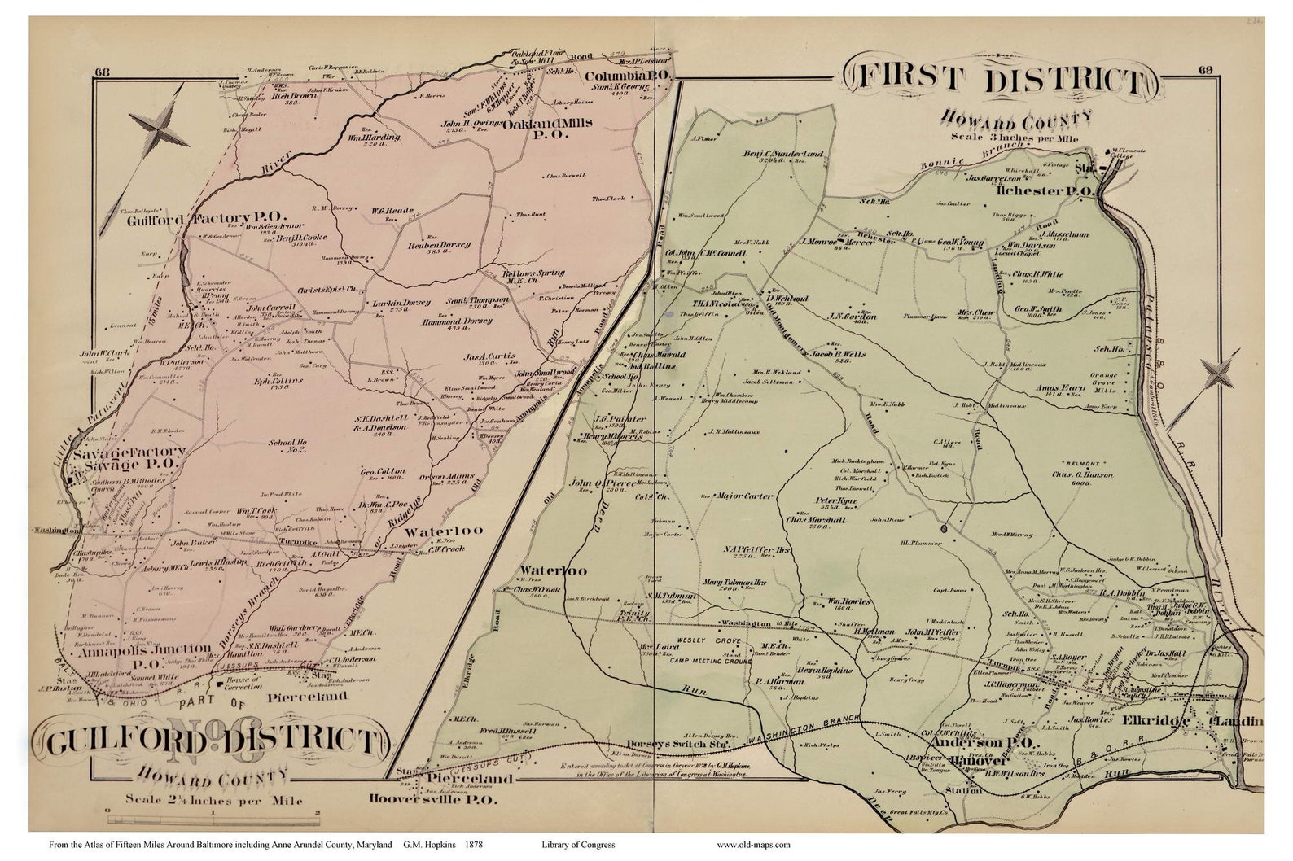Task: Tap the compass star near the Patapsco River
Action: (x=1221, y=376)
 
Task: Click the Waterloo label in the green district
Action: (x=553, y=570)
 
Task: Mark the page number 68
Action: (x=102, y=72)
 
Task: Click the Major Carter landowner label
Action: (x=743, y=495)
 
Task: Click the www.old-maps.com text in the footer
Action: (x=753, y=845)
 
